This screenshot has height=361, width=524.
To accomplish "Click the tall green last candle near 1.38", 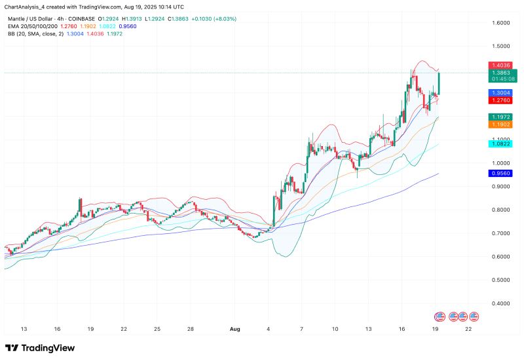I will click(438, 83).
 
